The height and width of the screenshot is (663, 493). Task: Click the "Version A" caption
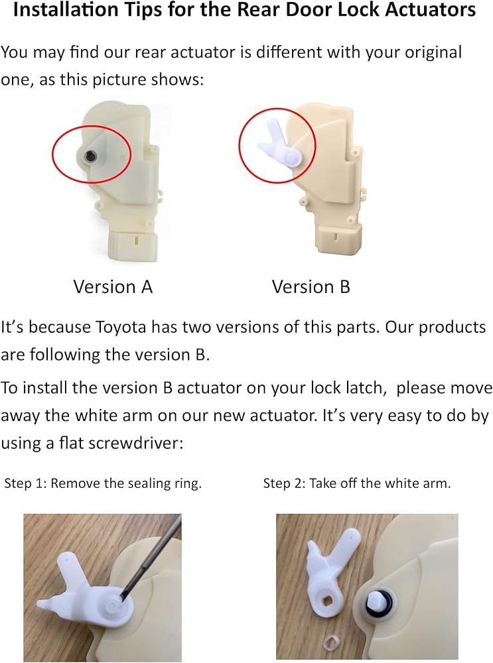(113, 286)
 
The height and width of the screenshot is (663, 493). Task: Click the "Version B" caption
(311, 286)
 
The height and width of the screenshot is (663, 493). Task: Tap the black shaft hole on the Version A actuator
(90, 156)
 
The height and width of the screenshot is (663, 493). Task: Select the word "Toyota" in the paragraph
(121, 328)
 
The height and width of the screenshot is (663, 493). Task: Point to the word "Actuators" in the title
(431, 10)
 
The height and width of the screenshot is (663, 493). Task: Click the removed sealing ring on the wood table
(327, 642)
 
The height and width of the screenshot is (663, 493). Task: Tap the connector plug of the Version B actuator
(338, 238)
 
